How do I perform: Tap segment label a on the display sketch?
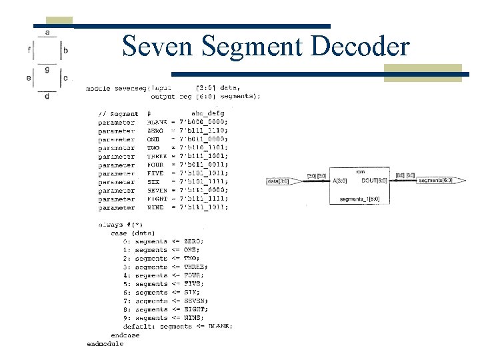point(47,31)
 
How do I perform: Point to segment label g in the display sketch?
point(47,68)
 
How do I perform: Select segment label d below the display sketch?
point(47,97)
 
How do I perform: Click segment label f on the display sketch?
point(29,49)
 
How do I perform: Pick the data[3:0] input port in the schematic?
point(278,181)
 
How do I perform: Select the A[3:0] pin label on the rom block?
point(341,180)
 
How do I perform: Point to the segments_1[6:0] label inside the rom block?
point(361,199)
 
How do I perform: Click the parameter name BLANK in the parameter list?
point(157,122)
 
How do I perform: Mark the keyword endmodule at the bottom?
point(105,343)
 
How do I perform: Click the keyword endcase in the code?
point(125,335)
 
